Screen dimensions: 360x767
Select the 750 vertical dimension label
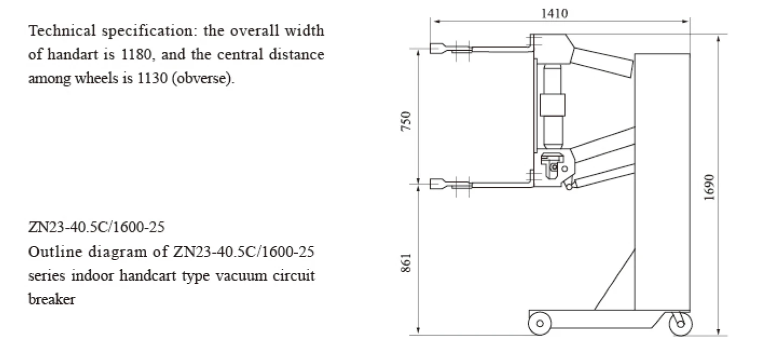pyautogui.click(x=408, y=121)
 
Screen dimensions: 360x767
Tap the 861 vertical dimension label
pyautogui.click(x=408, y=262)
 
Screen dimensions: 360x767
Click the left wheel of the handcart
pyautogui.click(x=540, y=323)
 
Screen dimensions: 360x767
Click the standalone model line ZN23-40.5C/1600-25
pyautogui.click(x=96, y=227)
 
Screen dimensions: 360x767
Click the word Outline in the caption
pyautogui.click(x=51, y=252)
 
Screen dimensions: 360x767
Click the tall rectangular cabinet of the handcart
pyautogui.click(x=663, y=178)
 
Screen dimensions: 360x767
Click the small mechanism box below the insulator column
pyautogui.click(x=553, y=164)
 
